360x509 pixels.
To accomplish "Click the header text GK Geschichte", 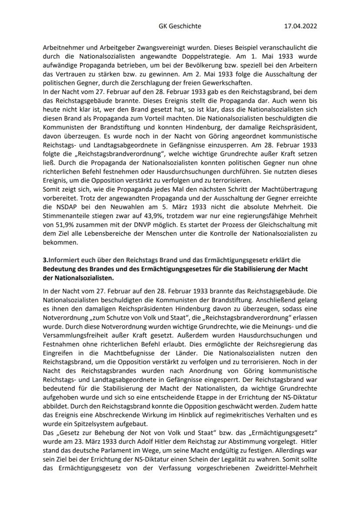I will click(180, 26).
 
